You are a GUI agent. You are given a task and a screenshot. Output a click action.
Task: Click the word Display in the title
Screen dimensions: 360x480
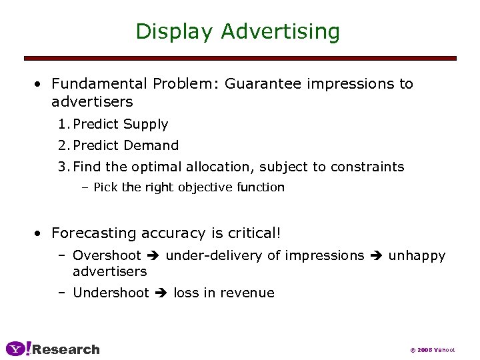pyautogui.click(x=175, y=31)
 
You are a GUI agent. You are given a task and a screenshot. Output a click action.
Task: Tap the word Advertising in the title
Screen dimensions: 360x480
pyautogui.click(x=281, y=31)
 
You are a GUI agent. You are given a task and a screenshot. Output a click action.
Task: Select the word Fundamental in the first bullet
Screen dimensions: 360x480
pyautogui.click(x=99, y=84)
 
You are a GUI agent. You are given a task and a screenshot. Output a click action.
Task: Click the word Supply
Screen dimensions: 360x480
pyautogui.click(x=146, y=124)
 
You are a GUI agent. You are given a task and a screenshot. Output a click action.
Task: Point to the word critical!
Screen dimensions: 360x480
pyautogui.click(x=253, y=233)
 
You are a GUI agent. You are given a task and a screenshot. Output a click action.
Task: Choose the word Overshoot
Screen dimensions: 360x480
pyautogui.click(x=107, y=255)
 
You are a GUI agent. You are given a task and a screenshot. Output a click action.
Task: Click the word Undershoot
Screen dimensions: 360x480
pyautogui.click(x=111, y=293)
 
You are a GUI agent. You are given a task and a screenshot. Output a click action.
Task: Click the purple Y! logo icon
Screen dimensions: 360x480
pyautogui.click(x=18, y=349)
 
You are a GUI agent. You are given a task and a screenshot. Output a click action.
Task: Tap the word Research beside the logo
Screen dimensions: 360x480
pyautogui.click(x=66, y=349)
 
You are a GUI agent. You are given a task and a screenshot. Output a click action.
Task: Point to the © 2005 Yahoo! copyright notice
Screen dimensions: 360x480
pyautogui.click(x=433, y=350)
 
